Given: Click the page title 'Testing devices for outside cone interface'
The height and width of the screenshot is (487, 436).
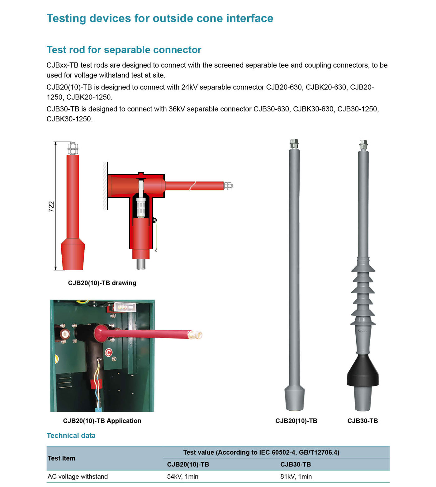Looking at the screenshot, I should pyautogui.click(x=160, y=18).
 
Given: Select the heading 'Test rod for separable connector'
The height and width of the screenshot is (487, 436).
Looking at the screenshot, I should pyautogui.click(x=124, y=50).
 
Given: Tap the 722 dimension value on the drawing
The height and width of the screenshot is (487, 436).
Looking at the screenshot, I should pyautogui.click(x=51, y=207).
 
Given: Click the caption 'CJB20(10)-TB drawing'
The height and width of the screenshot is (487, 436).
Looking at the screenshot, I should pyautogui.click(x=102, y=283).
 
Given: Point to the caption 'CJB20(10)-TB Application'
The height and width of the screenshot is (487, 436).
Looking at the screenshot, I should pyautogui.click(x=102, y=421).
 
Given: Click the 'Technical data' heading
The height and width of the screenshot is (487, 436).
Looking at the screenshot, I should pyautogui.click(x=71, y=436).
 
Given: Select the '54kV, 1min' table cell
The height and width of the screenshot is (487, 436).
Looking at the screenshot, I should pyautogui.click(x=183, y=476).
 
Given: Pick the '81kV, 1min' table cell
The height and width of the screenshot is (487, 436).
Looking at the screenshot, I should pyautogui.click(x=296, y=476).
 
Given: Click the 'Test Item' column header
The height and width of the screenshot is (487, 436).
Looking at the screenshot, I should pyautogui.click(x=61, y=458).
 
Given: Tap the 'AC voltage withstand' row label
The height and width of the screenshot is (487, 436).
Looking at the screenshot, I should pyautogui.click(x=78, y=476).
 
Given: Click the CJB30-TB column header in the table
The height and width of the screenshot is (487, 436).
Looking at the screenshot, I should pyautogui.click(x=296, y=465).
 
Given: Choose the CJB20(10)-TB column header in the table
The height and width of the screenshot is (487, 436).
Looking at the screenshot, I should pyautogui.click(x=188, y=465).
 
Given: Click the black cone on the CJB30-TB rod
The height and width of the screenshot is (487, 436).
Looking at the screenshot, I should pyautogui.click(x=363, y=372).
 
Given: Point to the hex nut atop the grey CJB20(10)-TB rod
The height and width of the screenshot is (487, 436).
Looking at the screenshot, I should pyautogui.click(x=294, y=144).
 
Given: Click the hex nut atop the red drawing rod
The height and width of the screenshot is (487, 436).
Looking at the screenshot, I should pyautogui.click(x=73, y=148).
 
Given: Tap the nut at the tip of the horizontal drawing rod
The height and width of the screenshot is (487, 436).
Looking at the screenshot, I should pyautogui.click(x=228, y=186).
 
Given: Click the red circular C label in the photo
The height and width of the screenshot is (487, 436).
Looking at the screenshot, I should pyautogui.click(x=108, y=352).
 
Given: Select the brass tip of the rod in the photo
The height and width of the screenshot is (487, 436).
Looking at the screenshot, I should pyautogui.click(x=197, y=335).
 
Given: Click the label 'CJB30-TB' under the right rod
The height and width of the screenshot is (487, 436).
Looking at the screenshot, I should pyautogui.click(x=363, y=421).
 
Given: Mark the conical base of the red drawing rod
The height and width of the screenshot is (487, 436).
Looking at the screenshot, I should pyautogui.click(x=73, y=254).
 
